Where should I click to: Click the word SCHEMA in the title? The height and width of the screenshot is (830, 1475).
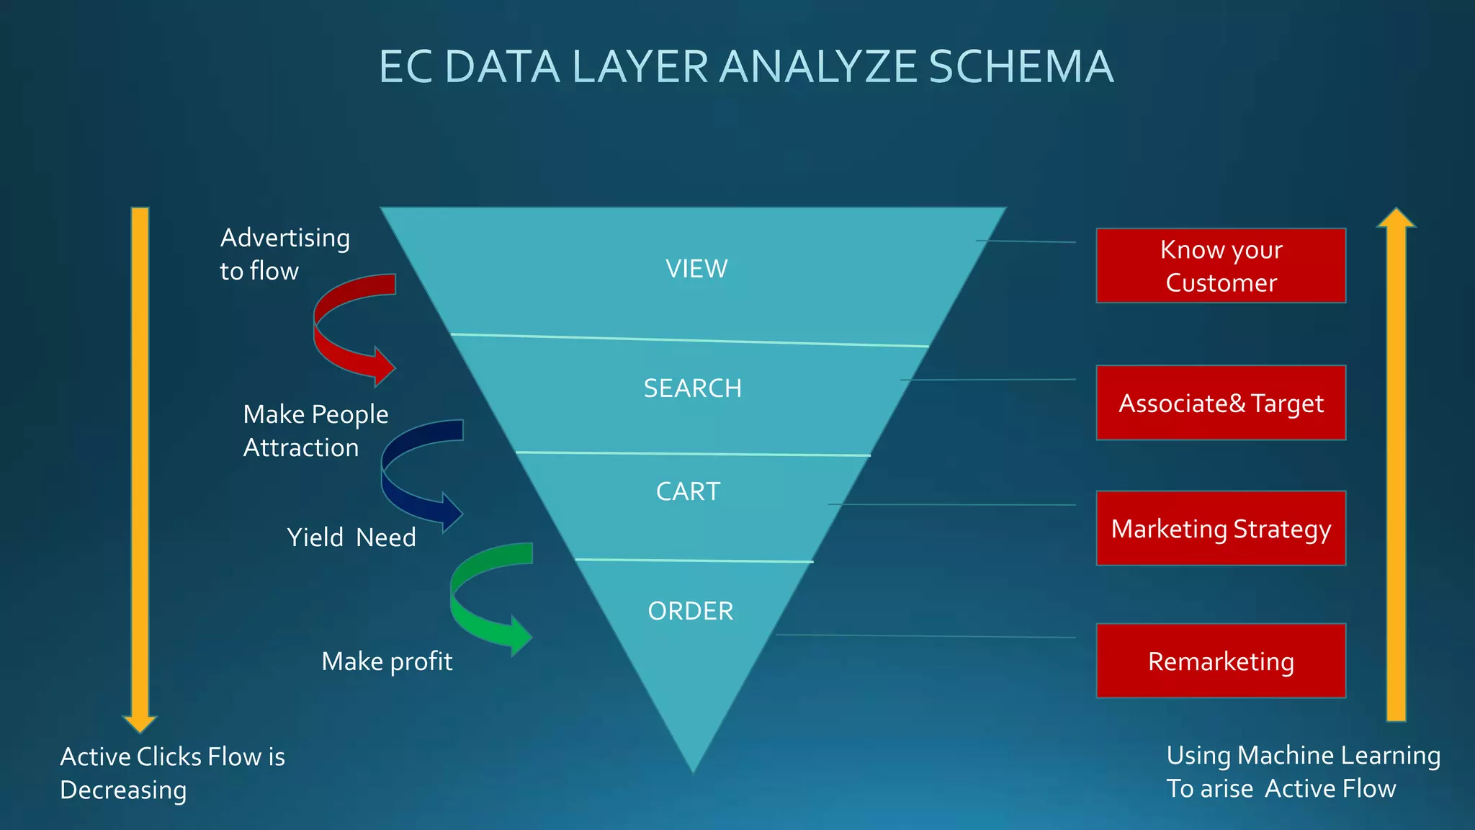click(x=1021, y=67)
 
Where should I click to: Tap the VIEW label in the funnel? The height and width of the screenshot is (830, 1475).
click(x=696, y=269)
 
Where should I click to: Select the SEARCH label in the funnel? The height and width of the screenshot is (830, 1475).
click(x=692, y=388)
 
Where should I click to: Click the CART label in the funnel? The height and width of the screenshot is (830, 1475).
click(x=688, y=491)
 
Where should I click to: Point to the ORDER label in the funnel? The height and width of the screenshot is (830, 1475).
click(x=690, y=611)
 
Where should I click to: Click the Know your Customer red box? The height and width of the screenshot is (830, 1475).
click(x=1221, y=266)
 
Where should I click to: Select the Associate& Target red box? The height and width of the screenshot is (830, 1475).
click(x=1221, y=403)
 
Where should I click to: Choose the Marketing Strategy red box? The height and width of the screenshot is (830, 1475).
click(x=1221, y=528)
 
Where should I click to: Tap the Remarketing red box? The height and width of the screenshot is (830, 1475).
click(x=1221, y=661)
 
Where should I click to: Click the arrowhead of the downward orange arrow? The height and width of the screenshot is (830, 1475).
click(x=140, y=723)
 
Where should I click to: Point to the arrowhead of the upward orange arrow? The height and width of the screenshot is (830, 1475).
click(x=1396, y=218)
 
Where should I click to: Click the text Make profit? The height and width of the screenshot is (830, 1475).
click(x=387, y=661)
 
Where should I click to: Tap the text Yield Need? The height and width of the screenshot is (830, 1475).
click(x=351, y=537)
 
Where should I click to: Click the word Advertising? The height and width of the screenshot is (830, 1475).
click(x=285, y=238)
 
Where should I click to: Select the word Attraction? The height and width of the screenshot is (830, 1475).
click(x=301, y=447)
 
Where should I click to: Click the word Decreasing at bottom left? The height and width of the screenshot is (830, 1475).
click(x=123, y=790)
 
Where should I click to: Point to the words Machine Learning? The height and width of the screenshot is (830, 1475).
click(x=1339, y=755)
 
